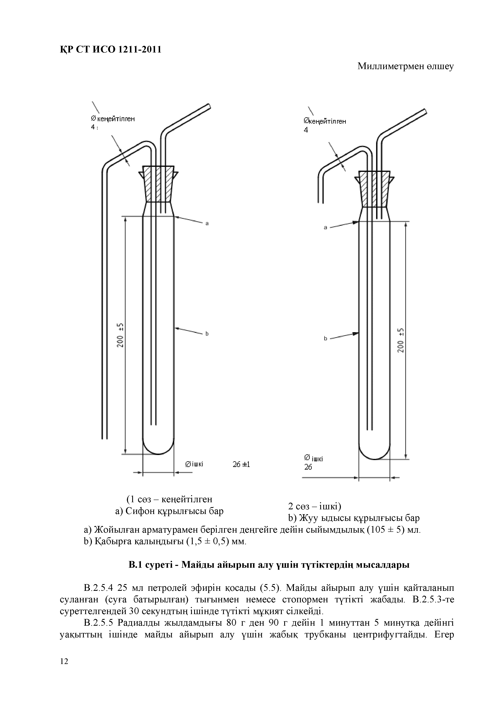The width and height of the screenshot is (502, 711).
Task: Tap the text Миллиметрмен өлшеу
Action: tap(405, 66)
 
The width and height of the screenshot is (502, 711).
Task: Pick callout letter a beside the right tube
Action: tap(325, 228)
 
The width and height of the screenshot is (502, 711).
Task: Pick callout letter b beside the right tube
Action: tap(325, 338)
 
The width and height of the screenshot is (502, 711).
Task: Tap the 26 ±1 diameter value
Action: tap(241, 465)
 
